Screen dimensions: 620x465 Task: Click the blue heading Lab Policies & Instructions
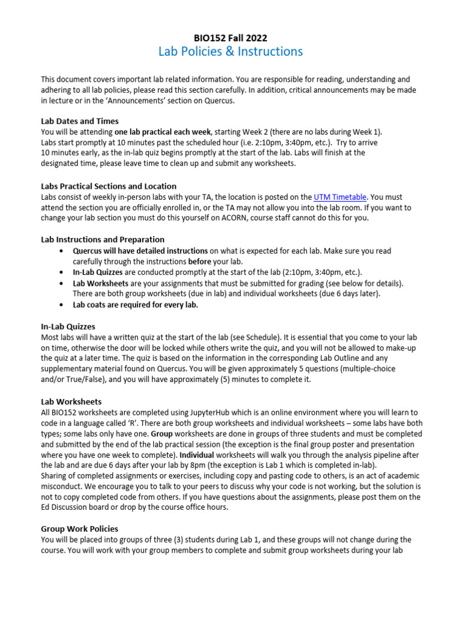[230, 52]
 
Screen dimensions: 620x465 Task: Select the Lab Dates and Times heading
[80, 121]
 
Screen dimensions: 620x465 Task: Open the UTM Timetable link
[340, 197]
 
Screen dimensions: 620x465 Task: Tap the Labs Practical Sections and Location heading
[109, 186]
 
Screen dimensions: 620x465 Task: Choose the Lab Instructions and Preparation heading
[102, 240]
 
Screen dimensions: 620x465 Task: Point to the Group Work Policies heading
[79, 529]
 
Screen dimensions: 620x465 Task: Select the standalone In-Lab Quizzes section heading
[68, 327]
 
